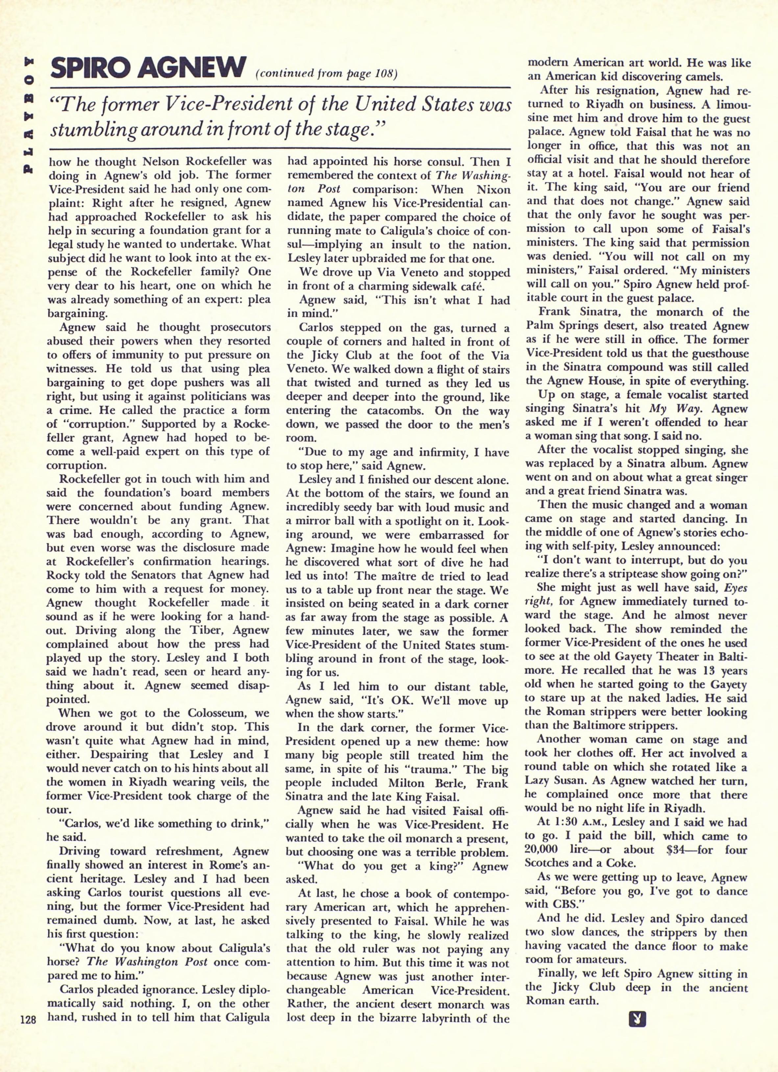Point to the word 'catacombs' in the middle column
(396, 411)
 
